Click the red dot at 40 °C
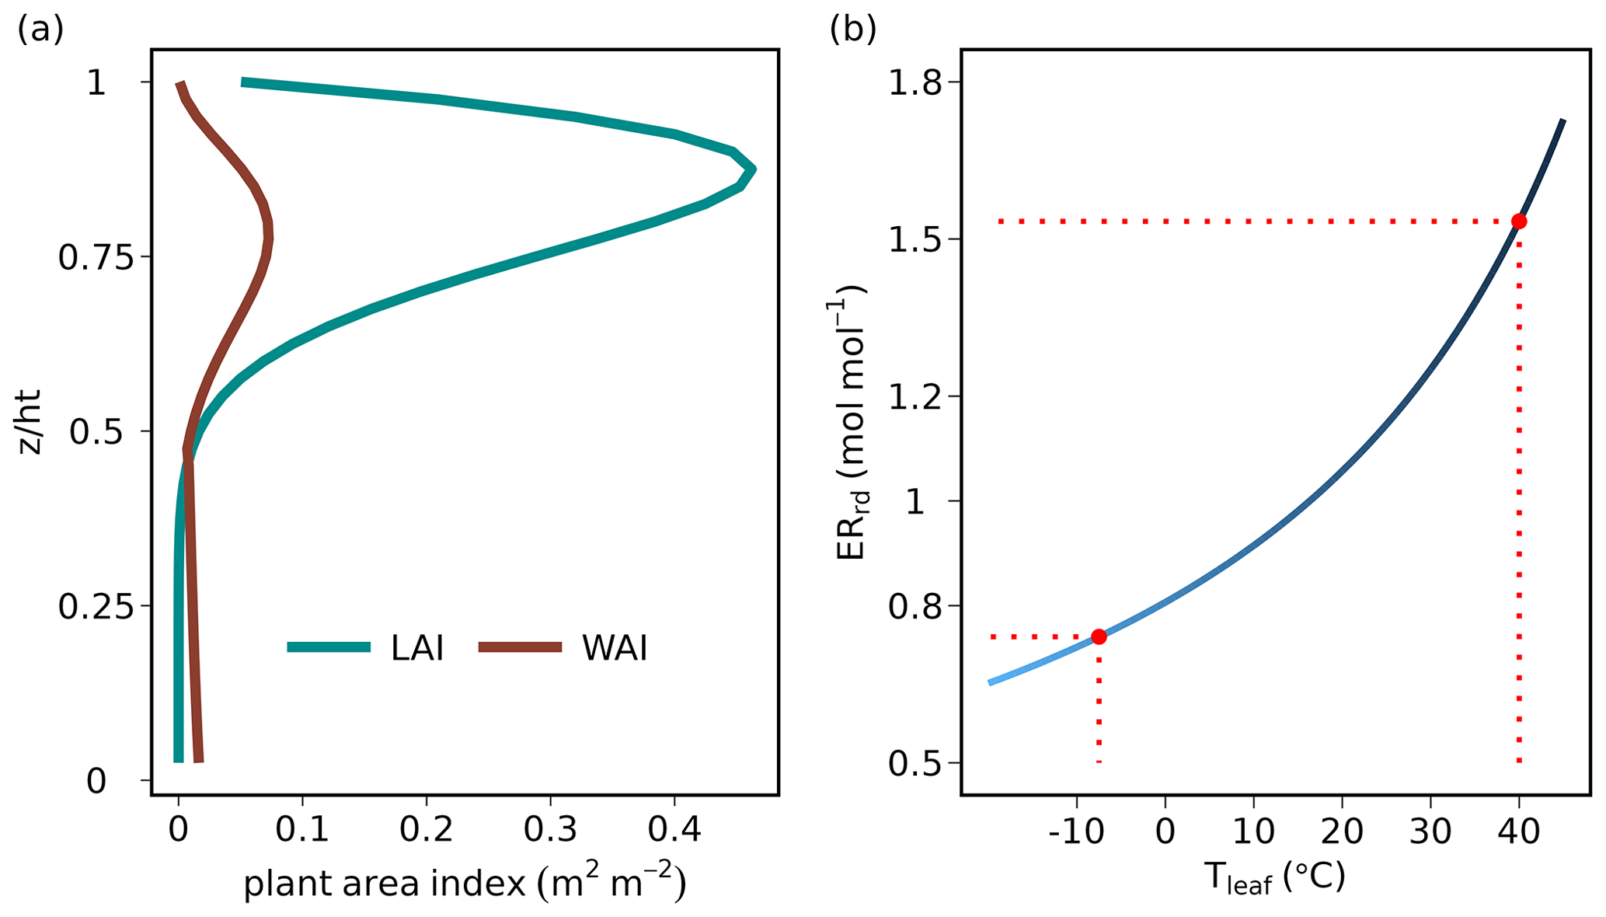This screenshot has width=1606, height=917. (x=1518, y=221)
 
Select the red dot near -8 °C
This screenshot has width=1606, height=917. (x=1099, y=636)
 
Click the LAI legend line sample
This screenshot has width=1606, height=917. (x=329, y=647)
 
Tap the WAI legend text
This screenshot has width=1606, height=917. (x=614, y=648)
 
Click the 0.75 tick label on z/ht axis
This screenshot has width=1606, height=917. (x=96, y=257)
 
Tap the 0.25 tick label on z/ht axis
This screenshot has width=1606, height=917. (x=96, y=606)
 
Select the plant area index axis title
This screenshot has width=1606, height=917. (x=465, y=884)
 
